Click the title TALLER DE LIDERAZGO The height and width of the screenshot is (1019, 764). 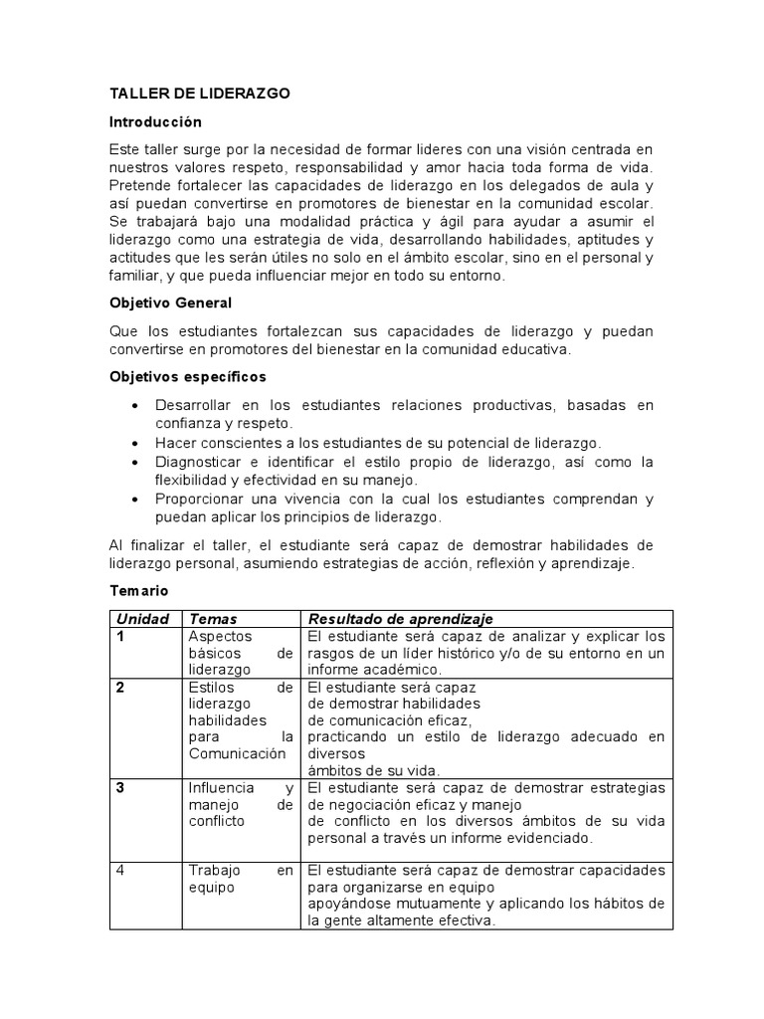pos(199,94)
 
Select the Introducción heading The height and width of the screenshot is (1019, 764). pos(155,121)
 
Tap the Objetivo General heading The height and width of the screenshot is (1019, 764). pos(170,304)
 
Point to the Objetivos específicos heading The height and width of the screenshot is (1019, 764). pos(187,377)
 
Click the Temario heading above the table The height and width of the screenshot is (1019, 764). pos(138,590)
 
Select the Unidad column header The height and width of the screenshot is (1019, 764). pos(142,619)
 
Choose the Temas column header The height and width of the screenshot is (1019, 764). pos(213,619)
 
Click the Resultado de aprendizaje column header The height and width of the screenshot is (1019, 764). pos(401,619)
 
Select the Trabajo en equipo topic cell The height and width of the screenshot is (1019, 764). pos(241,879)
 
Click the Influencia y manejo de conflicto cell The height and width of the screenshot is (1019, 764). pos(241,805)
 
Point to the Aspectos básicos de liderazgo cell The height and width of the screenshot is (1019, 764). pos(241,653)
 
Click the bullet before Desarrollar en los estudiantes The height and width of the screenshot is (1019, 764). pos(134,405)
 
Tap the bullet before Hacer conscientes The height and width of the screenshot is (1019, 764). pos(134,443)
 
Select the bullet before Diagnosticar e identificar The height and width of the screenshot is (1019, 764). pos(134,462)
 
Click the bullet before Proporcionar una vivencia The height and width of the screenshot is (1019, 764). pos(134,500)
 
